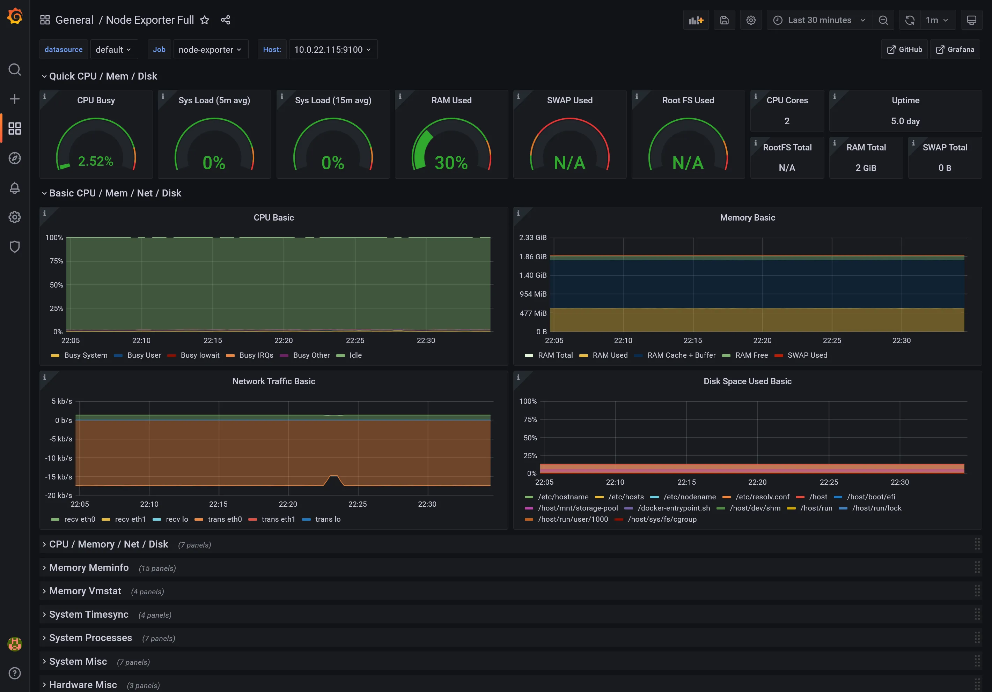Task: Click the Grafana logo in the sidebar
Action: (x=15, y=16)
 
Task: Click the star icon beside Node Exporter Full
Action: (x=204, y=20)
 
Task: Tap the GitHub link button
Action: (x=904, y=50)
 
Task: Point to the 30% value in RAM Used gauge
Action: (x=451, y=163)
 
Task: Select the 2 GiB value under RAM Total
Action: (x=866, y=168)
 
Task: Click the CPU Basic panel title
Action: (x=273, y=217)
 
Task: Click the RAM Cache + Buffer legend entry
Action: (x=681, y=355)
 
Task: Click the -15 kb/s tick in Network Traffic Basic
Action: (x=58, y=477)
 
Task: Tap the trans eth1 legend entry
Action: (x=278, y=519)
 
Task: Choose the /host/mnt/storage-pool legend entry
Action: (x=578, y=508)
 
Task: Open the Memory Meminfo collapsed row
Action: (x=89, y=568)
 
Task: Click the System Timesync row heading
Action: (x=89, y=614)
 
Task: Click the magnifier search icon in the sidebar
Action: (x=15, y=69)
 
